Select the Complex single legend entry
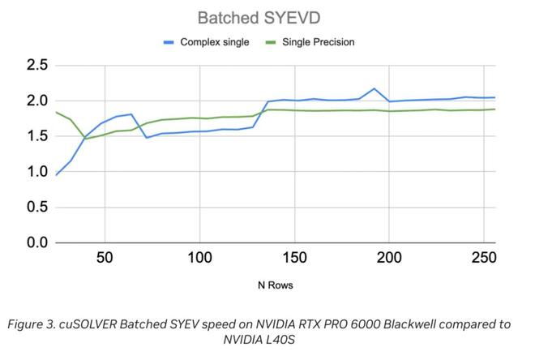tap(213, 41)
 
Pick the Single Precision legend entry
tap(317, 41)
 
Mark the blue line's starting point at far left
tap(56, 175)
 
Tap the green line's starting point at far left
tap(56, 113)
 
